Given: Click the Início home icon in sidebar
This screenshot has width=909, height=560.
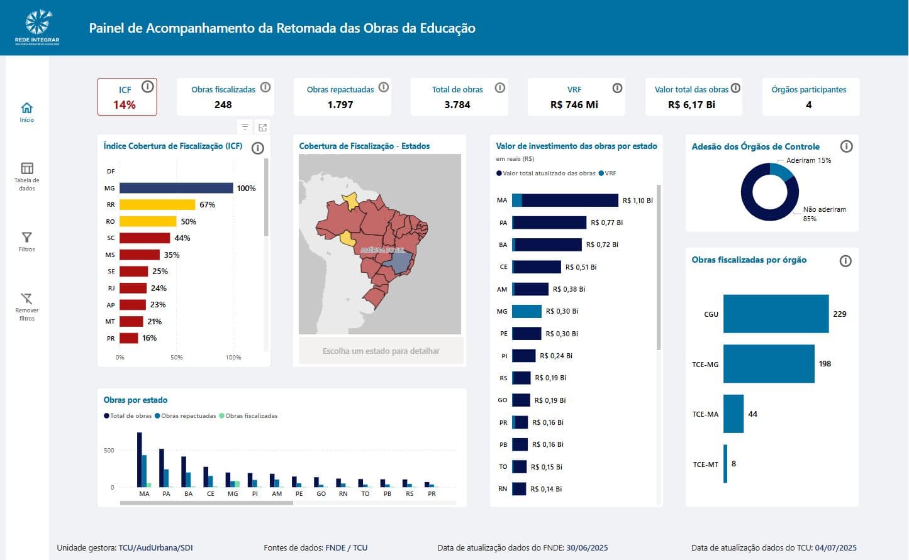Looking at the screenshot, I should coord(26,108).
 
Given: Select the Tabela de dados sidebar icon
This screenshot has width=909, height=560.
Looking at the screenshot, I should coord(26,168).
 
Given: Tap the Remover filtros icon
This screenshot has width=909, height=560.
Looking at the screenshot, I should coord(26,299).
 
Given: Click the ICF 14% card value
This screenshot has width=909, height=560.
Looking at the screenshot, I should coord(125,105).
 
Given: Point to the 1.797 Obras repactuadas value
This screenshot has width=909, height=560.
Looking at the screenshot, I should coord(340,105).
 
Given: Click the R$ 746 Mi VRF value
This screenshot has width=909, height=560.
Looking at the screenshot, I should coord(574,105).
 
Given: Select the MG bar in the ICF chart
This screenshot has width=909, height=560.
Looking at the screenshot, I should coord(176,188).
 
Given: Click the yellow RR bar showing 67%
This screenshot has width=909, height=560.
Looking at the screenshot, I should coord(157,204).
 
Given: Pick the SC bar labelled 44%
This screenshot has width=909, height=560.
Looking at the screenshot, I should coord(145,238).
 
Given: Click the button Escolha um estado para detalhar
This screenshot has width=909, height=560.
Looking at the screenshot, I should coord(381,351).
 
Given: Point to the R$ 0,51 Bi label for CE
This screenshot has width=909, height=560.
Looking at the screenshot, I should coord(581,267).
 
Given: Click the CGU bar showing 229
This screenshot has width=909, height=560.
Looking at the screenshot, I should coord(776,314).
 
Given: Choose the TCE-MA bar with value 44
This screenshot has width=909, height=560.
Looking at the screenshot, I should coord(733,414).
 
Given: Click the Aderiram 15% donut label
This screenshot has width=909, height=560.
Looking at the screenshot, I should coord(808,160).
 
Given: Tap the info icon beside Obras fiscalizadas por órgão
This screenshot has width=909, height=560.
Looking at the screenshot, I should coord(845,261).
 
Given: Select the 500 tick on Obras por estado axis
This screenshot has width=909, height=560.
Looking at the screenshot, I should coord(109,451).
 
